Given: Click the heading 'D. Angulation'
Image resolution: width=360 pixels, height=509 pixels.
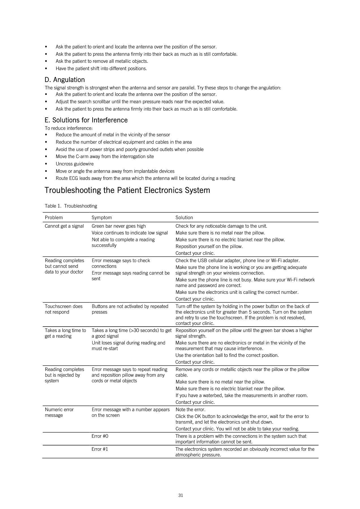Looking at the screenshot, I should pos(65,80).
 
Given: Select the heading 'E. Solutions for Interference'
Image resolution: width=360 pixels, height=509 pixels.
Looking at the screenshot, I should pos(86,120).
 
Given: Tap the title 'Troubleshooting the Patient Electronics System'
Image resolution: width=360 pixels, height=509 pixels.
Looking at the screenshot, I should pos(127,190).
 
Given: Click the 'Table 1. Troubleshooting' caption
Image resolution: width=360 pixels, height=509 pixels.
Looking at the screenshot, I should pos(71,206).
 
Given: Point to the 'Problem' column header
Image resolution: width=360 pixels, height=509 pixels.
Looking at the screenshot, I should pos(54,217).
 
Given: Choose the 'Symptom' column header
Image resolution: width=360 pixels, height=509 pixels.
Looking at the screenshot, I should pos(102,217).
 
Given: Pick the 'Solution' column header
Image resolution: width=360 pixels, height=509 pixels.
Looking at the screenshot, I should pos(184,217).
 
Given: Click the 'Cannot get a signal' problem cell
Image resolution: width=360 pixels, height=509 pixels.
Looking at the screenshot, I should pos(64,226).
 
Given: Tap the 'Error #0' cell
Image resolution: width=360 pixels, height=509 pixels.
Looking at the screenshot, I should pos(100,436).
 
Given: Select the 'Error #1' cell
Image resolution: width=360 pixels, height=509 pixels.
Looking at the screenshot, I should pos(100,449).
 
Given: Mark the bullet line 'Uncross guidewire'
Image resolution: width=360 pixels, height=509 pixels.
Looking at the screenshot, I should pos(74,164).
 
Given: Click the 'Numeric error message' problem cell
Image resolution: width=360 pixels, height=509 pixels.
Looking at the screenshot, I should pos(59,412).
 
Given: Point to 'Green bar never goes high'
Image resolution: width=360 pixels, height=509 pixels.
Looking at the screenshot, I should pos(119,226).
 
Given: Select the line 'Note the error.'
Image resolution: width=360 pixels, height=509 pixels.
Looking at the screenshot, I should pos(190,409).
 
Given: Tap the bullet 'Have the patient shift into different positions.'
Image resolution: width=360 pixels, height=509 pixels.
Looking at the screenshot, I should pos(101,68).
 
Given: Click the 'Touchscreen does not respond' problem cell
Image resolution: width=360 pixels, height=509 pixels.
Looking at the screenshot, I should pos(64,309).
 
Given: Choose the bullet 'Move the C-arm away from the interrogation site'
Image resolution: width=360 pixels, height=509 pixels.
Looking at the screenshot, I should pos(105,156).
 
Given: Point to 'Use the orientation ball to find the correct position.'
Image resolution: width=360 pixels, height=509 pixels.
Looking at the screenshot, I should pos(227,355).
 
